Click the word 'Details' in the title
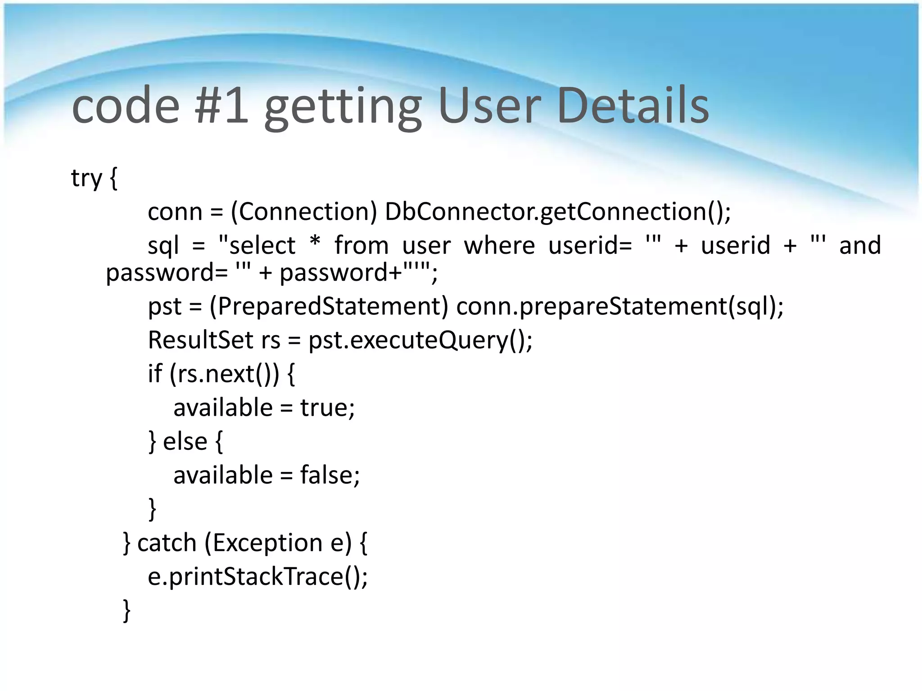point(633,106)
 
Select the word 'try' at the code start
point(86,178)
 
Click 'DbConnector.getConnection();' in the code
point(558,211)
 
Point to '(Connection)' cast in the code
point(303,211)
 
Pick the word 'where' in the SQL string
point(499,246)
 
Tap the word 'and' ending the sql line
point(860,246)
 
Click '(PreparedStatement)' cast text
point(329,306)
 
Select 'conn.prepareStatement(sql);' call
point(620,306)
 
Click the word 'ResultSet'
point(200,340)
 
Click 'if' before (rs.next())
point(154,373)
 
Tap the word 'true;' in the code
point(327,408)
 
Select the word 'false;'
point(330,475)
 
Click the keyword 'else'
point(185,441)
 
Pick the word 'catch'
point(167,543)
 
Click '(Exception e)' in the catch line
point(278,543)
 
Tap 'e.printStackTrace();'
point(258,576)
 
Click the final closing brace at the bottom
point(127,610)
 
